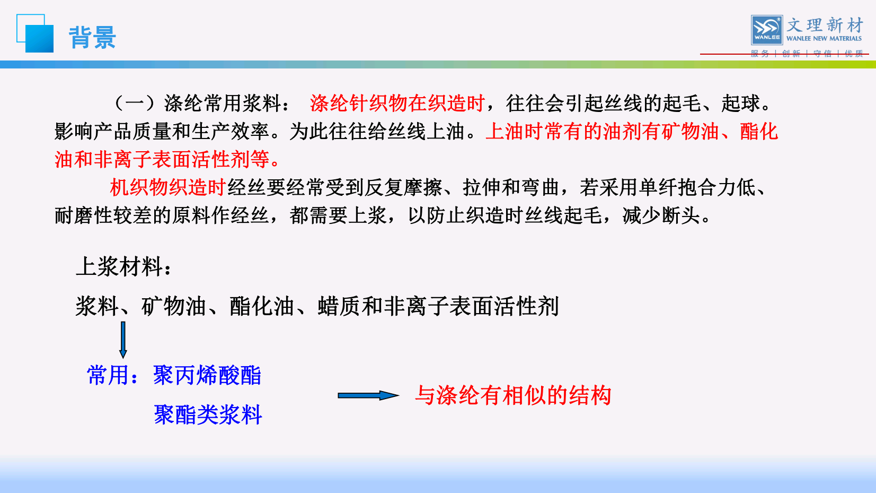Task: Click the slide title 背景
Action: (x=92, y=38)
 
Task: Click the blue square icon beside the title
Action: (x=35, y=33)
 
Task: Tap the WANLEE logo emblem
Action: (x=766, y=30)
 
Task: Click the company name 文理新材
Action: (x=825, y=25)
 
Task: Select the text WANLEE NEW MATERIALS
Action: (x=824, y=38)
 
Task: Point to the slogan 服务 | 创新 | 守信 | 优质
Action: (x=807, y=54)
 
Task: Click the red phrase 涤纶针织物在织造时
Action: (x=397, y=103)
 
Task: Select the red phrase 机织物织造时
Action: (x=168, y=187)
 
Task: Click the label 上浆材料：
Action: (x=123, y=267)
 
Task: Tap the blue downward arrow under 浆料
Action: (x=123, y=340)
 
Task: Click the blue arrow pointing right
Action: (x=368, y=395)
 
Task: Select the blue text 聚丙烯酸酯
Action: (x=207, y=375)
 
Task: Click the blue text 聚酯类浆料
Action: (x=208, y=414)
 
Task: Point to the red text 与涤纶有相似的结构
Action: (x=513, y=395)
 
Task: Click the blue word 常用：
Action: (x=113, y=375)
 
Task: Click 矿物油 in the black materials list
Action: (x=174, y=306)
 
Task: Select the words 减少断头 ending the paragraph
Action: (x=661, y=215)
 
